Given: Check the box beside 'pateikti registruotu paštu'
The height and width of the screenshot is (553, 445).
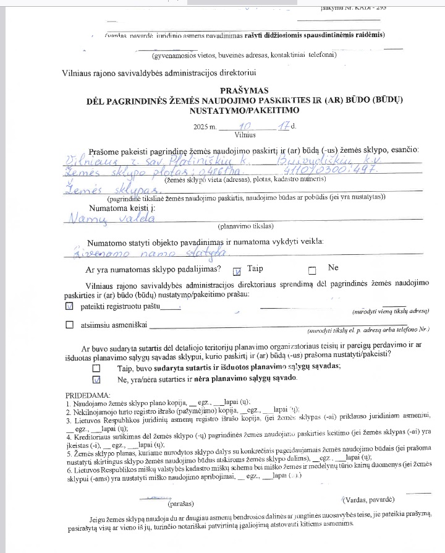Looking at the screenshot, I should pyautogui.click(x=69, y=306).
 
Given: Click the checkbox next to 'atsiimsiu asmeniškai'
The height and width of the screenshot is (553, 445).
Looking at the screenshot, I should pyautogui.click(x=69, y=325).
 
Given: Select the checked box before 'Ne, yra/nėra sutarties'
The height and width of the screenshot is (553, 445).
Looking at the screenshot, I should pyautogui.click(x=96, y=379).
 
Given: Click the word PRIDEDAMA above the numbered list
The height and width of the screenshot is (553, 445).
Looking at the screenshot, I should pyautogui.click(x=88, y=395).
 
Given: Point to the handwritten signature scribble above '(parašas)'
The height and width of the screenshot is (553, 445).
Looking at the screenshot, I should pyautogui.click(x=158, y=496).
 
